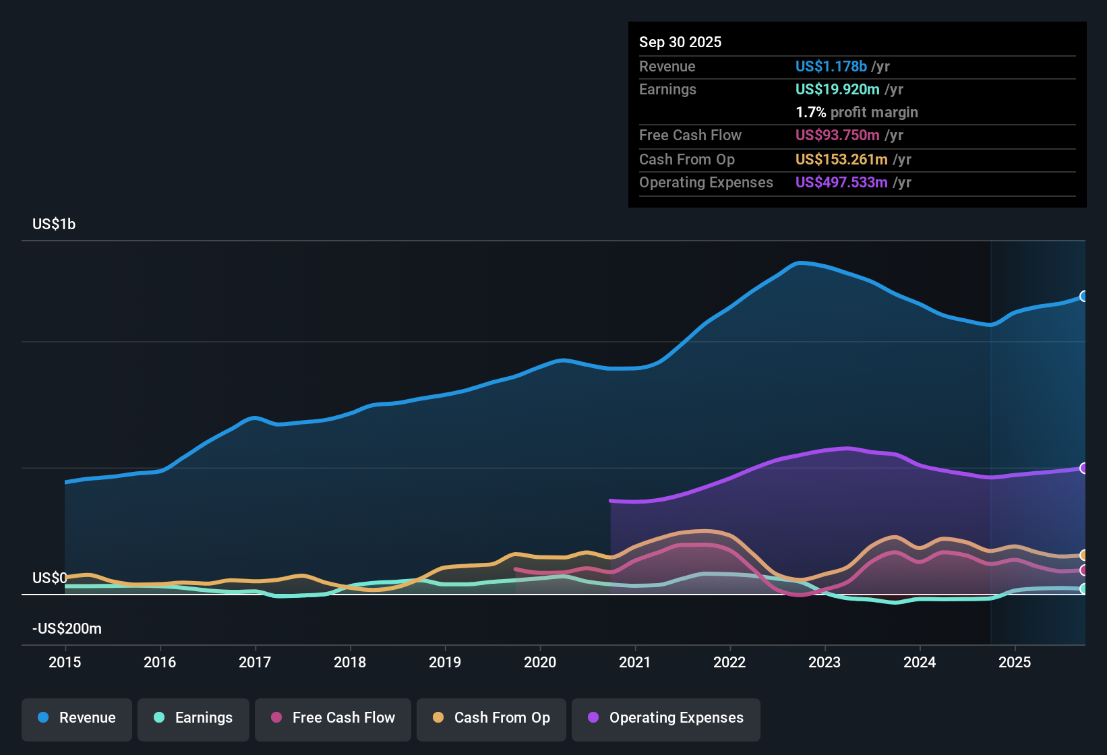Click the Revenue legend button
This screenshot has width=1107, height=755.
(x=77, y=718)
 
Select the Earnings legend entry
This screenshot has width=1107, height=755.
(x=193, y=718)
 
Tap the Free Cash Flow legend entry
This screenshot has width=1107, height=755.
(x=333, y=718)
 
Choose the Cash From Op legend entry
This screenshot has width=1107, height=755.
(x=491, y=718)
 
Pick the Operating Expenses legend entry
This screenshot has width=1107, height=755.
(x=666, y=718)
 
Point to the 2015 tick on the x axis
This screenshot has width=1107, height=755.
(x=65, y=662)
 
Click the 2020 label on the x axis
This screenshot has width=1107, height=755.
(x=540, y=662)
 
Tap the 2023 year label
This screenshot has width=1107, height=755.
(x=825, y=662)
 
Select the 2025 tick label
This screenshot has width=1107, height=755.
(x=1015, y=662)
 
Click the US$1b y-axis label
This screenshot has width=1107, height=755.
(x=54, y=224)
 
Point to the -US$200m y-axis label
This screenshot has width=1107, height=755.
(x=67, y=629)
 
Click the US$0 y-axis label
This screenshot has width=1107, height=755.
(x=50, y=578)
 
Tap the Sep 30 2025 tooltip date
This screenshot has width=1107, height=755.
(x=680, y=42)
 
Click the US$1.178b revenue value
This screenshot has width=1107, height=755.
(x=831, y=67)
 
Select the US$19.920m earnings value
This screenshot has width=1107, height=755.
(x=837, y=90)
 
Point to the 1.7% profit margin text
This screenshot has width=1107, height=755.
(x=857, y=113)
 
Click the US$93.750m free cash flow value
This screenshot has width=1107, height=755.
(x=837, y=135)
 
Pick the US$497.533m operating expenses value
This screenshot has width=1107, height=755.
(x=841, y=183)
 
